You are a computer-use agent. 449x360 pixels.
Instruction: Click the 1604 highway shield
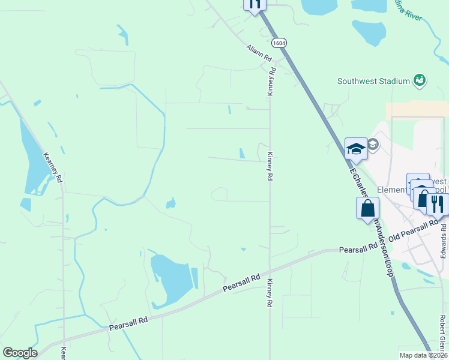coord(279,43)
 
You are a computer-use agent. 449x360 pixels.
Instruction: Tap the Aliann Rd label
coord(259,53)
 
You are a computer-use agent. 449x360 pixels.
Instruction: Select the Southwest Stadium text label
coord(373,81)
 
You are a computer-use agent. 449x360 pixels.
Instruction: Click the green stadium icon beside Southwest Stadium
coord(420,80)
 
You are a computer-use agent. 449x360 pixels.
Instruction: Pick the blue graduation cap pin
coord(356,149)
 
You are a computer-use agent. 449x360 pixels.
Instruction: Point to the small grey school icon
coord(373,144)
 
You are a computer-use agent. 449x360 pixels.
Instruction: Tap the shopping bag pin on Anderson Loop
coord(368,209)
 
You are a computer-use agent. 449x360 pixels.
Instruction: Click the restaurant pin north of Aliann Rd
coord(255,4)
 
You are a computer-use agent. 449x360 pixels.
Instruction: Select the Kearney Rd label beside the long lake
coord(53,166)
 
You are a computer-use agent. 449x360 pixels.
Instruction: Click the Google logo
coord(20,353)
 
